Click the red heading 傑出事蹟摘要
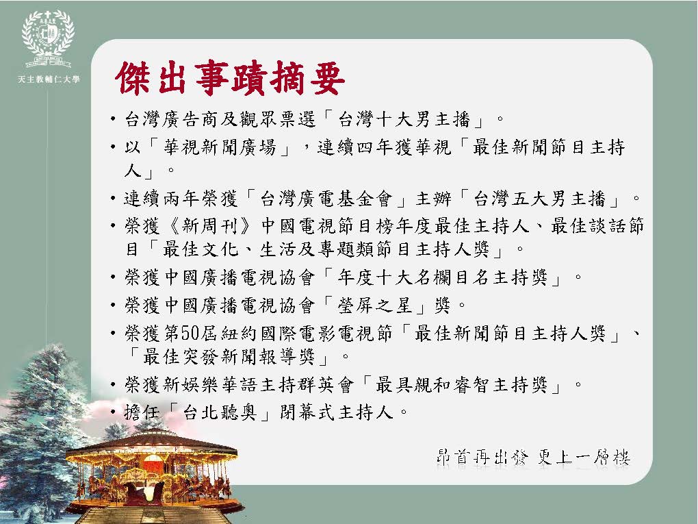click(230, 79)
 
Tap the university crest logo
click(48, 38)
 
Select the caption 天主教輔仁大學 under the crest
click(49, 79)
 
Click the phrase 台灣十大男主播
click(404, 119)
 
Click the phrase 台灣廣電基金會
click(326, 199)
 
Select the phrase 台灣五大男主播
click(539, 199)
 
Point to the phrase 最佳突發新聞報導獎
click(235, 356)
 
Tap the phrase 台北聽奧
click(220, 412)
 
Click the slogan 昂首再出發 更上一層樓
click(533, 458)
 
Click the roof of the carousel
click(151, 441)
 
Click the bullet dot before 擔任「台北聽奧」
click(114, 412)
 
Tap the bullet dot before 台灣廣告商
click(114, 120)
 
